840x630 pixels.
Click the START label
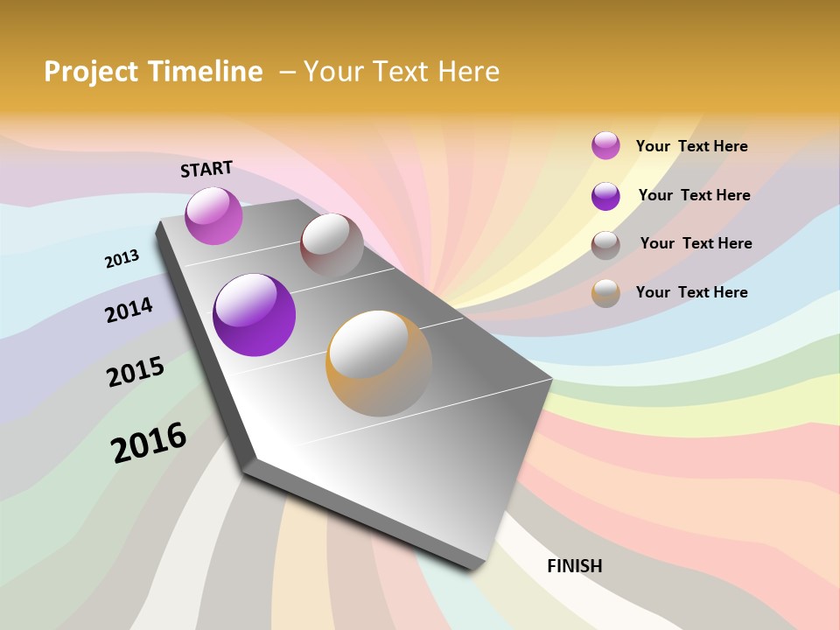206,169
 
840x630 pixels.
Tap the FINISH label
575,566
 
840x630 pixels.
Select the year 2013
122,259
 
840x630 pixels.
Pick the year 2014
129,310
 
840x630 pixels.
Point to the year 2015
136,372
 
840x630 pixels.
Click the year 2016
149,443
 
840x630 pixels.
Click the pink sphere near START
213,216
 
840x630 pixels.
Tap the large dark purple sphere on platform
254,315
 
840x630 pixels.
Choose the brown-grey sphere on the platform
332,246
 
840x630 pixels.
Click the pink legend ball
605,145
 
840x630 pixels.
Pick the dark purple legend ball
605,196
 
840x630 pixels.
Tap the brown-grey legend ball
605,244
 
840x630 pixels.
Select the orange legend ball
605,292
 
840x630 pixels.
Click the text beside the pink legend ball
691,146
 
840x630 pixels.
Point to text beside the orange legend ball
691,292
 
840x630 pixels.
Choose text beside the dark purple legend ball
694,195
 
